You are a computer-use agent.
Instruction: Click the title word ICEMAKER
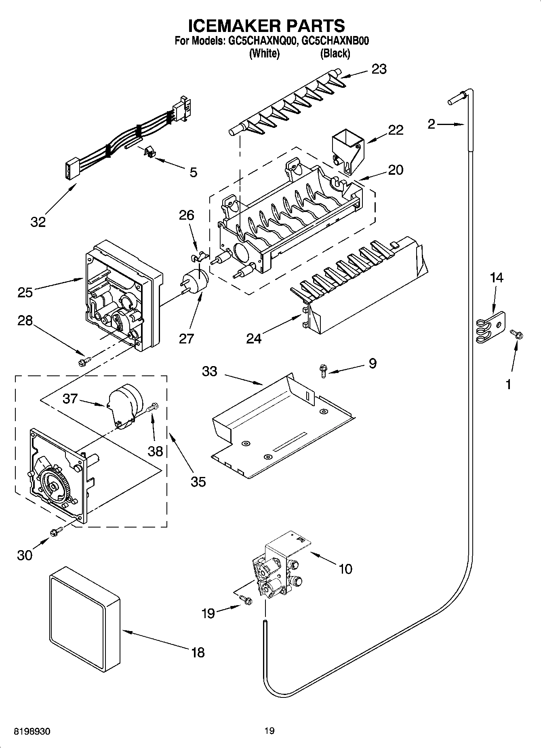tap(230, 25)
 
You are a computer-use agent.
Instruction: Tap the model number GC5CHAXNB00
tap(335, 41)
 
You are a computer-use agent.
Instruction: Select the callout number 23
tap(379, 69)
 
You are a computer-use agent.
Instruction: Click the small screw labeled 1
tap(516, 335)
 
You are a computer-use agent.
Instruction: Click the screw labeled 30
tap(56, 532)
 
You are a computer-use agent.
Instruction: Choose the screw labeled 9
tap(323, 370)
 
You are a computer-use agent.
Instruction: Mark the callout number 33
tap(209, 371)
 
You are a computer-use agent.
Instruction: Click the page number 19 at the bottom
tap(269, 731)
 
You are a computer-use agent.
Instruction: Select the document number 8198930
tap(32, 732)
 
